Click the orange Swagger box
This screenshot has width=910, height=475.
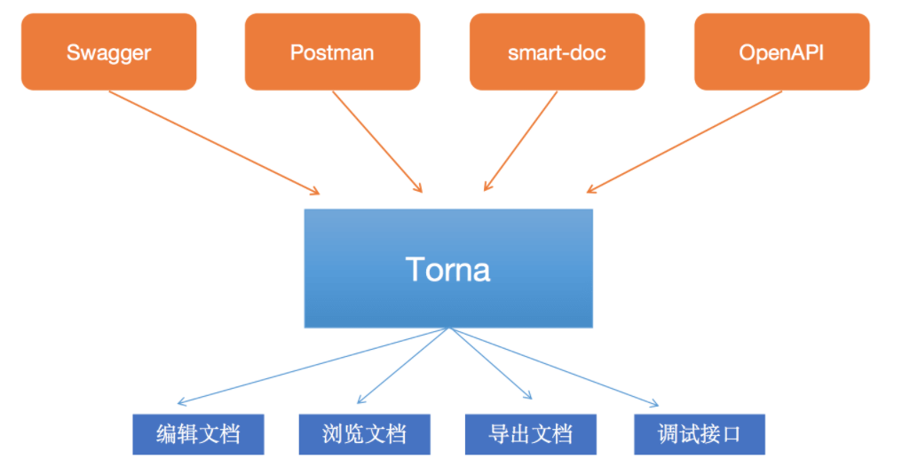tap(109, 51)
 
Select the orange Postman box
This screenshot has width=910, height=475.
tap(333, 51)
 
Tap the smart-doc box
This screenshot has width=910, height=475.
tap(558, 51)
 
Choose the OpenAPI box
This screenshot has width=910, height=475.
tap(782, 51)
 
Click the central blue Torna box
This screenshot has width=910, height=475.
tap(448, 268)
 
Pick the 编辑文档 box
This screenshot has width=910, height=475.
tap(199, 434)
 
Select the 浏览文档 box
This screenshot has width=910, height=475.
tap(365, 434)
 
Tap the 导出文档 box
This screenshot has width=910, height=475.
tap(530, 434)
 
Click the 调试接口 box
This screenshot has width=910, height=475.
tap(700, 434)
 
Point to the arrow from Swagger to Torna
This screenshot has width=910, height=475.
tap(214, 142)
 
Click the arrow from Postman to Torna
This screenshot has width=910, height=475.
tap(377, 141)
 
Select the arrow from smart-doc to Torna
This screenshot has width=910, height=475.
tap(520, 140)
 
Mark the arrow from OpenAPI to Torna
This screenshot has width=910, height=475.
tap(684, 142)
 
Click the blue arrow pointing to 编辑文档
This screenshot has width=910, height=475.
tap(313, 365)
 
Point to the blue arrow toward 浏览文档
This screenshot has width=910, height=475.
tap(403, 365)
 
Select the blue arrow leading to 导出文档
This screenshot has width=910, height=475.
tap(490, 363)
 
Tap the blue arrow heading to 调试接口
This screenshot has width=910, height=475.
tap(554, 367)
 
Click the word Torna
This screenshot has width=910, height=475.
tap(448, 269)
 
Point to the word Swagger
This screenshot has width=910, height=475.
tap(109, 53)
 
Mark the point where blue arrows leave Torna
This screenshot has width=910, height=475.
tap(449, 329)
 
